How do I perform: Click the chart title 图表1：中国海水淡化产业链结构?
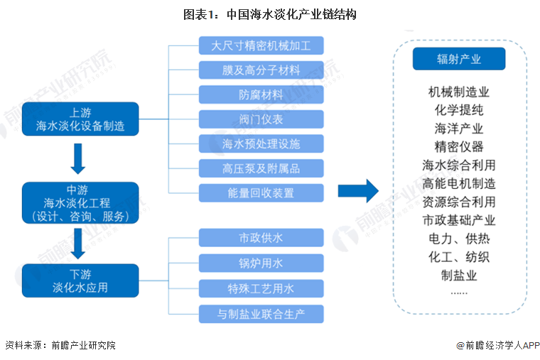269,14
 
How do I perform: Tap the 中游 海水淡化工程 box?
80,202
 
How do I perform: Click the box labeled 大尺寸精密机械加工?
261,46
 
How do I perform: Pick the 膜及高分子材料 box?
261,70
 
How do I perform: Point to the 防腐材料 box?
261,94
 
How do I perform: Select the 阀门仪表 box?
261,119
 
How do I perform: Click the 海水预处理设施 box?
261,143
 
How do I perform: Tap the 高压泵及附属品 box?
261,168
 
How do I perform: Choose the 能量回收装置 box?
261,192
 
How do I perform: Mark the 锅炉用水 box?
261,263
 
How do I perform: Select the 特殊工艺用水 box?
261,288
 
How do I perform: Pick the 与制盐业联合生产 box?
261,313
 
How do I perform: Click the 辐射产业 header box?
458,59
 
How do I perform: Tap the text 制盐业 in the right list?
458,275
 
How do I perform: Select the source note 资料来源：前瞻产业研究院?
60,346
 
